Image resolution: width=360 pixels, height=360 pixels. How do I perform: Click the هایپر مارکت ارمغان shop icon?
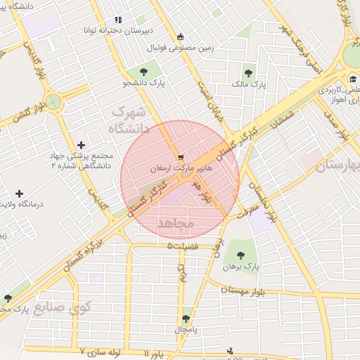click(x=181, y=157)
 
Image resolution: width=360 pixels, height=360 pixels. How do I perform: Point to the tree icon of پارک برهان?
click(x=241, y=256)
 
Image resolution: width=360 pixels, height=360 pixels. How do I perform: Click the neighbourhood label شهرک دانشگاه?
click(x=127, y=120)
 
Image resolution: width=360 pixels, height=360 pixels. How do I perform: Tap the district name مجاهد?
click(x=176, y=223)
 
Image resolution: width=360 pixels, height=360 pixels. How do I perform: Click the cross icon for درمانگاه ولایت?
click(x=19, y=193)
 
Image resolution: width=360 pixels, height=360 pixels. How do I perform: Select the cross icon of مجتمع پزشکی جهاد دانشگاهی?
click(x=82, y=145)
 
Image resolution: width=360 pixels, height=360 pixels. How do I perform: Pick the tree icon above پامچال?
click(x=186, y=319)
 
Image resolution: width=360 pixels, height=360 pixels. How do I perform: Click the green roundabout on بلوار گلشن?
click(x=54, y=101)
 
